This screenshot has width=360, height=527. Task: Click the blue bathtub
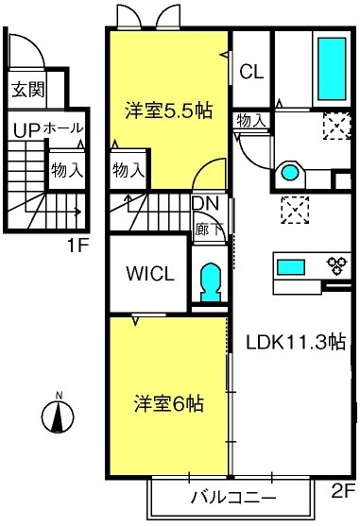click(332, 69)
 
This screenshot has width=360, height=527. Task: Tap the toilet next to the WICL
click(211, 281)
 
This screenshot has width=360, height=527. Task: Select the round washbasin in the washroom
click(290, 173)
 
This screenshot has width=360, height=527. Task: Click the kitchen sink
click(291, 267)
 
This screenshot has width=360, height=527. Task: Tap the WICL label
click(150, 274)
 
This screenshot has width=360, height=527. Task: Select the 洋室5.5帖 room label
click(169, 110)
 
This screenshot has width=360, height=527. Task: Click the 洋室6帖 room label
click(169, 403)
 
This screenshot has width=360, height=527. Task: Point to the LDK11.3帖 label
click(296, 342)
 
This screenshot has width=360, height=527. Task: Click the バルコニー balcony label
click(233, 497)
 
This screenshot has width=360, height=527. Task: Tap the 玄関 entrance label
click(28, 90)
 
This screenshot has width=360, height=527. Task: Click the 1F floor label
click(78, 246)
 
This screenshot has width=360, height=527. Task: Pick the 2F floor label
click(343, 492)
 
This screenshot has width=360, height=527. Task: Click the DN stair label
click(205, 203)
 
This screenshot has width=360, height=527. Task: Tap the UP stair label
click(26, 130)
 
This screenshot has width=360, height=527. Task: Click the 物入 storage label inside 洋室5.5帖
click(129, 170)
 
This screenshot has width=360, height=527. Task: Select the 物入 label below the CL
click(250, 120)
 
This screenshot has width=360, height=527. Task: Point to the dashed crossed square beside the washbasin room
click(336, 126)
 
